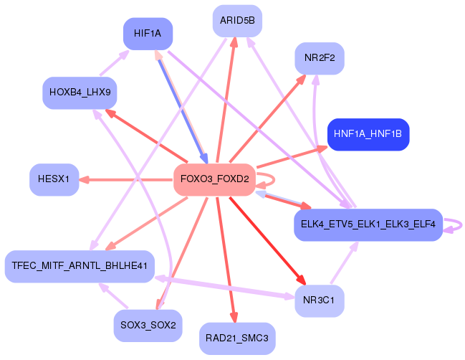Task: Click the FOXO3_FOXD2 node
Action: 214,179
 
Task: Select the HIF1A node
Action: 147,33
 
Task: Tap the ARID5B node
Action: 237,20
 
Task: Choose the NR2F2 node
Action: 320,58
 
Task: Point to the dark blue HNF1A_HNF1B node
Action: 368,134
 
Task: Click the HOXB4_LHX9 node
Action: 79,93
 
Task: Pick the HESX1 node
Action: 54,179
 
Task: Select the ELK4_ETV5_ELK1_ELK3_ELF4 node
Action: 368,224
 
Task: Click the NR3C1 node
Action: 319,300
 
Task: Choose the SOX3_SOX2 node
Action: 148,325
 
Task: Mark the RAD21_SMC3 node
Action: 237,338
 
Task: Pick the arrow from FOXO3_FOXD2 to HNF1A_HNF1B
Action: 287,158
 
